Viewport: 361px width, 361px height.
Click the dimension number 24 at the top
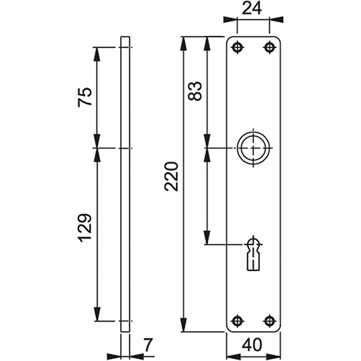coord(252,9)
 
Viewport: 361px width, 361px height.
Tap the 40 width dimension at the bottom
coord(252,345)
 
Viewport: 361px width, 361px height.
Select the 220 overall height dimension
coord(171,176)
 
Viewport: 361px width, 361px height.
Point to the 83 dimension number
coord(195,91)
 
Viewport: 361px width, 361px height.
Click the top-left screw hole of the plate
coord(237,47)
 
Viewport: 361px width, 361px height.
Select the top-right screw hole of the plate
coord(269,47)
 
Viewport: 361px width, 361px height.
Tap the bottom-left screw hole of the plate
coord(237,321)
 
